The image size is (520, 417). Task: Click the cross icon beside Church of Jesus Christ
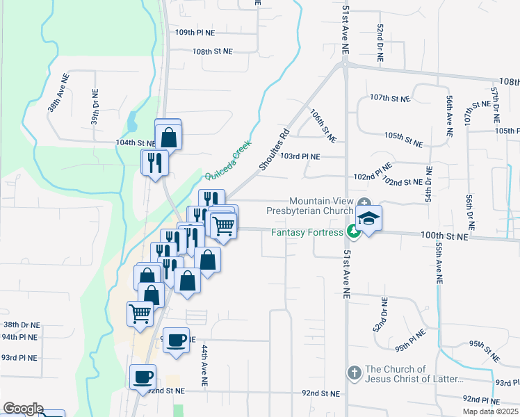tap(354, 374)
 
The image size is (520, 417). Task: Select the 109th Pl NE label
tap(195, 33)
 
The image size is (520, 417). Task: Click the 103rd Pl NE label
tap(300, 156)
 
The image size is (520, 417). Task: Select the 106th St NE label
tap(323, 126)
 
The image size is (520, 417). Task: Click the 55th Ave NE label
tap(439, 264)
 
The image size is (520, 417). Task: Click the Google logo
tap(22, 409)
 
